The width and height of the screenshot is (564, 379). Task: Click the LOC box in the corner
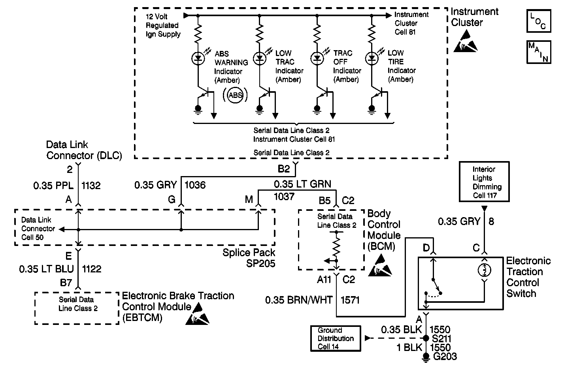[x=538, y=21]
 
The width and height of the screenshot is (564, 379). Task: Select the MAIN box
[x=538, y=52]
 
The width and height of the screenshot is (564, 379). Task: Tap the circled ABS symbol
[x=236, y=95]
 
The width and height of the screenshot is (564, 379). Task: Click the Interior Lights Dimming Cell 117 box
[x=484, y=182]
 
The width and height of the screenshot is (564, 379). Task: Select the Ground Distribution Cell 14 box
[x=336, y=338]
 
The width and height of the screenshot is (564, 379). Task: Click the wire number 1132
[x=91, y=186]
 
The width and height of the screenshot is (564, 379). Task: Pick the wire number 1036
[x=195, y=185]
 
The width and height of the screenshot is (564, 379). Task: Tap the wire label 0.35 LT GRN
[x=302, y=184]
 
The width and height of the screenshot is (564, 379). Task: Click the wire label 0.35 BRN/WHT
[x=298, y=300]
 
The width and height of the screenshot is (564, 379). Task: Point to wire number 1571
[x=350, y=300]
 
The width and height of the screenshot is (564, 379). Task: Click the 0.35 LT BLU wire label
[x=46, y=269]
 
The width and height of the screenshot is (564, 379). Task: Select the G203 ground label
[x=445, y=357]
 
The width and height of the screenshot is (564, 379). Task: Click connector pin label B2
[x=283, y=169]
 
